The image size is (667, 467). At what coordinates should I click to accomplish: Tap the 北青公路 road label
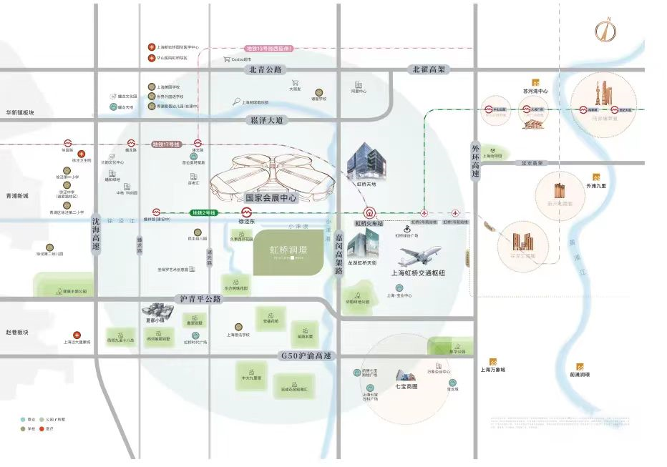[x=266, y=69]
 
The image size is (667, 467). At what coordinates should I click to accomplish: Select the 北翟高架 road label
[x=429, y=69]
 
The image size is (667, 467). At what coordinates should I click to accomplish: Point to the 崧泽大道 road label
[x=266, y=120]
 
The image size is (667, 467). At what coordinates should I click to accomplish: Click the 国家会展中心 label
[x=271, y=197]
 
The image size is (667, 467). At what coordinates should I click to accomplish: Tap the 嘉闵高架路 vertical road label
[x=339, y=250]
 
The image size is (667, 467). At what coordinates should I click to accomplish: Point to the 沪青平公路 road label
[x=198, y=298]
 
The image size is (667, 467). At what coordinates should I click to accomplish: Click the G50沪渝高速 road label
[x=306, y=355]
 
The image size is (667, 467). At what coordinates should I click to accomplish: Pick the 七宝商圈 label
[x=406, y=386]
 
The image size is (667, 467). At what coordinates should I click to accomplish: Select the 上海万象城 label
[x=492, y=370]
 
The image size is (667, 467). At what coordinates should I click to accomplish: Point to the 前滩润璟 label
[x=580, y=374]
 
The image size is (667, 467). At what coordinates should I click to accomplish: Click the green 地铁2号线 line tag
[x=203, y=212]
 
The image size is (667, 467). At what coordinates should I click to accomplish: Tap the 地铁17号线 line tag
[x=165, y=144]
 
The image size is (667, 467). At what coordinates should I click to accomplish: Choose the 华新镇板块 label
[x=20, y=113]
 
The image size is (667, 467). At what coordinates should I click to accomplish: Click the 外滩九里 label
[x=596, y=186]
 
